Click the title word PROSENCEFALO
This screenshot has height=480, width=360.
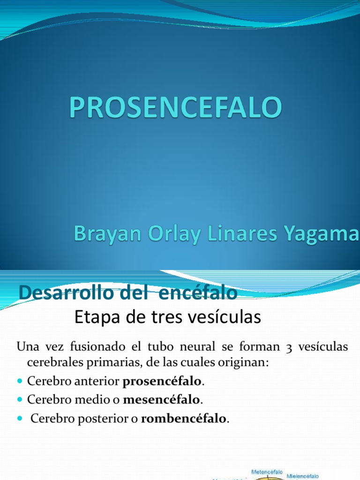(x=176, y=107)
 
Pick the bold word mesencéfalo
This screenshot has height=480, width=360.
(x=162, y=400)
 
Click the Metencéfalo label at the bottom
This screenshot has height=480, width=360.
(x=267, y=472)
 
